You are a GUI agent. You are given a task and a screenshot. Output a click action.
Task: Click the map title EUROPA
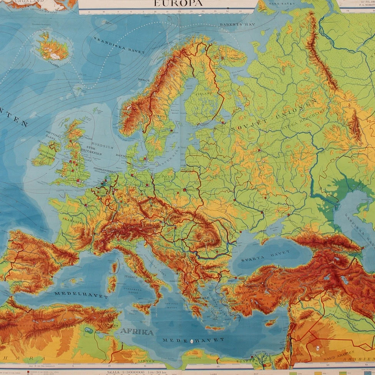pos(178,3)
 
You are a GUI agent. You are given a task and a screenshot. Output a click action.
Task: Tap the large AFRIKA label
pos(136,332)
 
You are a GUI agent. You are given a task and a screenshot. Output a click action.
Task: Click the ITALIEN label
pos(130,277)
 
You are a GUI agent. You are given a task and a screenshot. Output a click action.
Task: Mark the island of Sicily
pos(144,307)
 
